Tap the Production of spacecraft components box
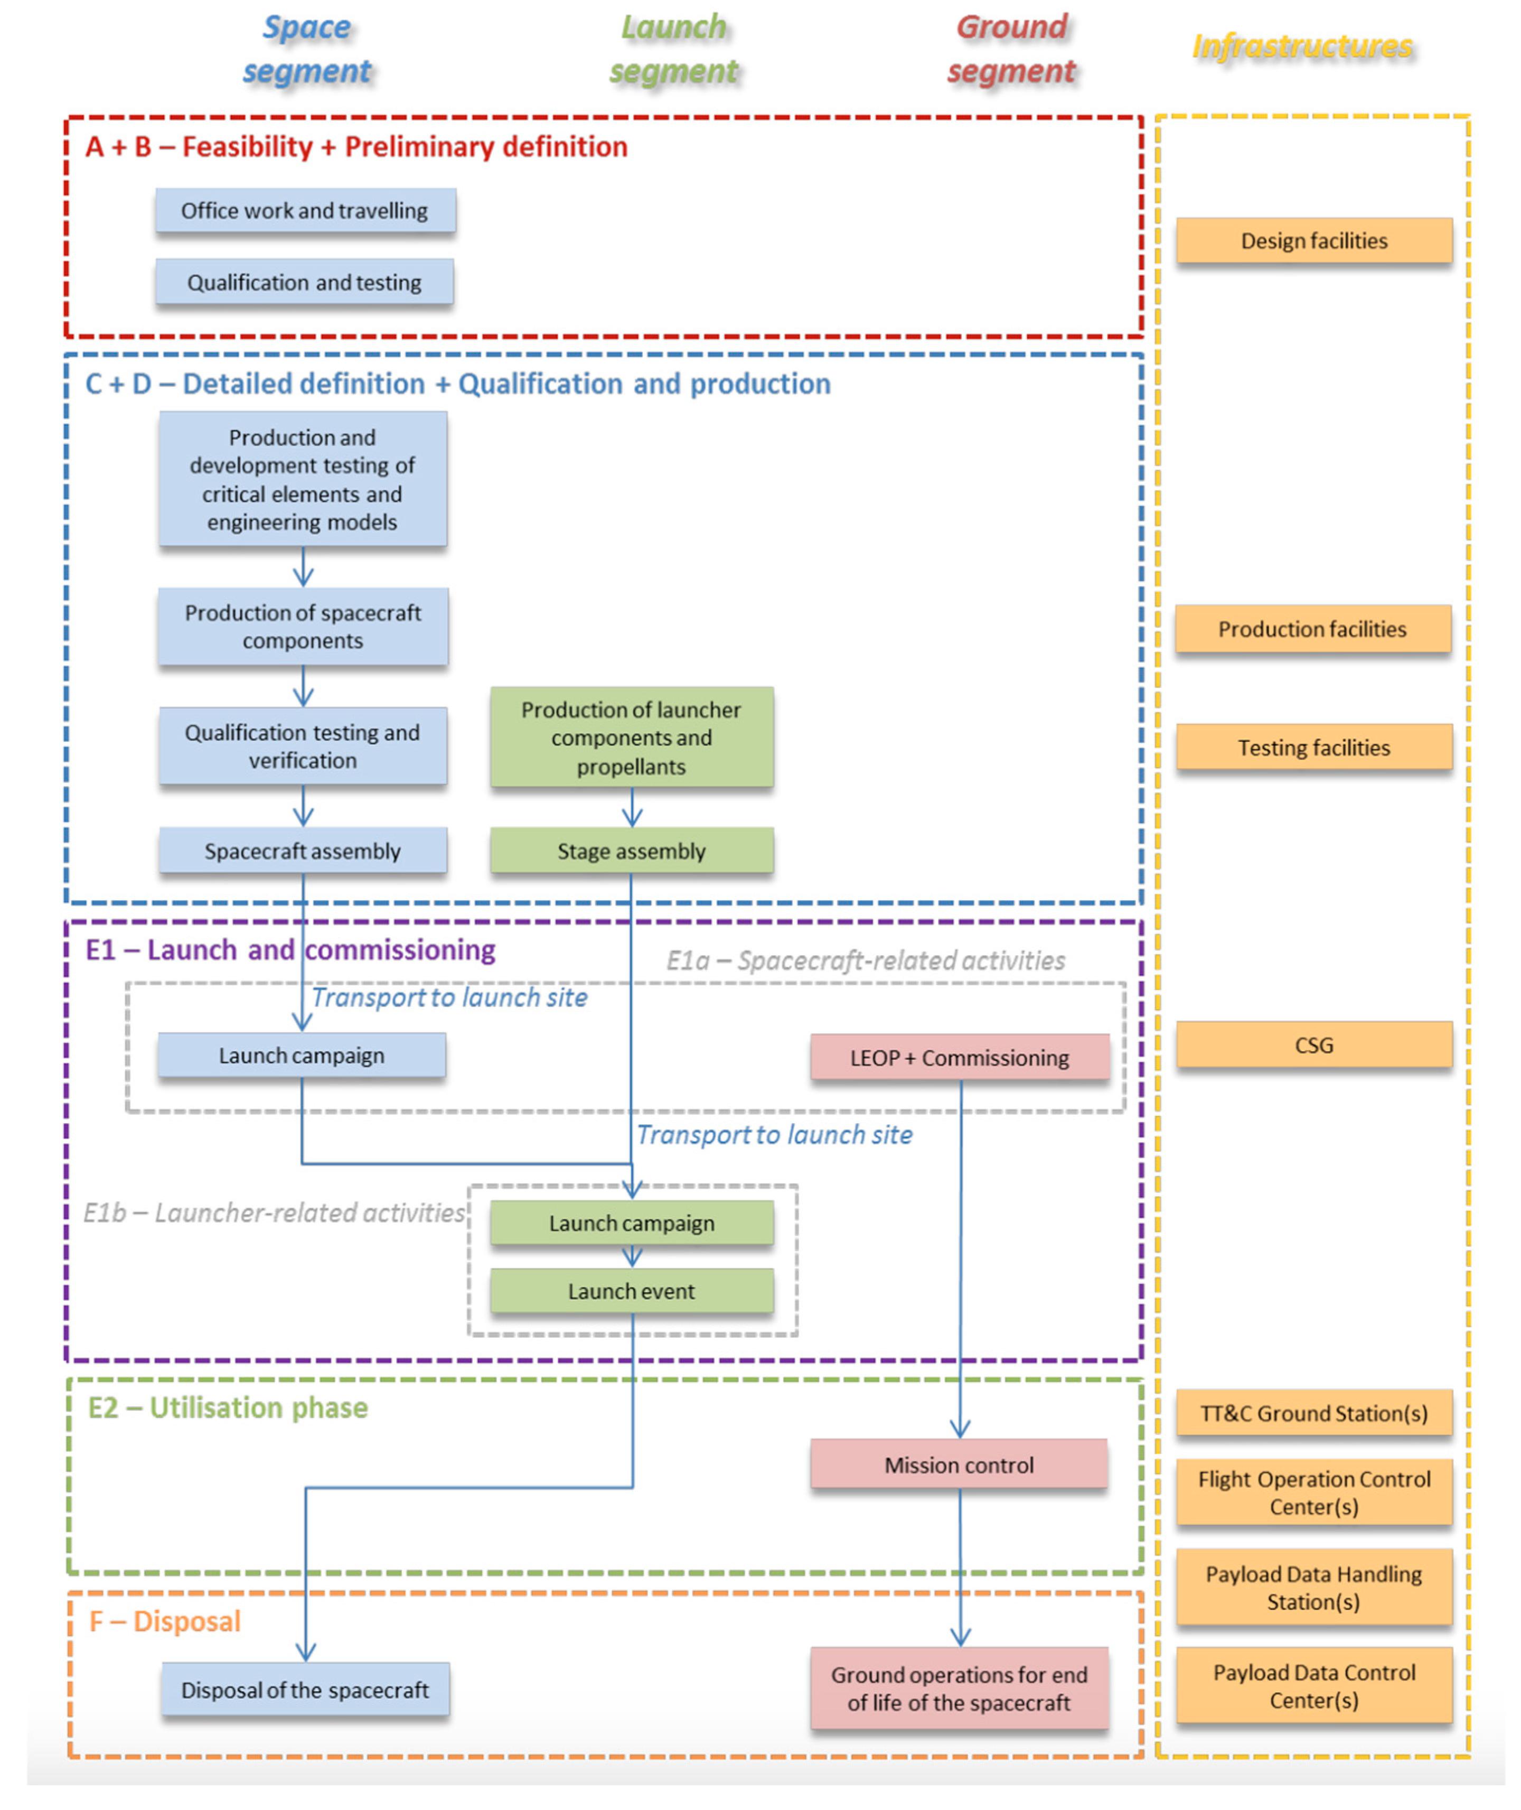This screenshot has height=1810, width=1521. [x=303, y=627]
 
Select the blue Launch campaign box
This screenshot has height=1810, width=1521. [x=302, y=1056]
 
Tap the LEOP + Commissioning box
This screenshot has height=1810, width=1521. [x=959, y=1058]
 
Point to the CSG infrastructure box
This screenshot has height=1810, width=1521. [x=1313, y=1045]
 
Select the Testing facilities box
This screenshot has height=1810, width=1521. [x=1313, y=748]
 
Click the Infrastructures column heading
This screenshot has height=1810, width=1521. [x=1302, y=46]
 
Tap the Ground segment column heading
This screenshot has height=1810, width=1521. [x=1011, y=49]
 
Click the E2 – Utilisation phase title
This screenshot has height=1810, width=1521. [x=228, y=1407]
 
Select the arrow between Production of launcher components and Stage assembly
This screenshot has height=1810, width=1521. [x=632, y=808]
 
